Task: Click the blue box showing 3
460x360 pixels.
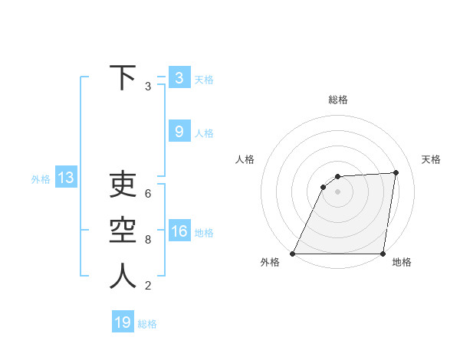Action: click(x=179, y=78)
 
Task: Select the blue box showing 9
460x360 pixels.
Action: click(x=179, y=132)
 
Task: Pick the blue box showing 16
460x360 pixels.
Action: click(x=179, y=232)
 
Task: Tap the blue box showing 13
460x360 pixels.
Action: click(x=65, y=178)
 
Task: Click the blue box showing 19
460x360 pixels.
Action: click(x=123, y=322)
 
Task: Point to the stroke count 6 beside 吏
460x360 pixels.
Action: click(x=148, y=194)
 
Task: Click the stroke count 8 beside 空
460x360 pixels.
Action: click(x=148, y=240)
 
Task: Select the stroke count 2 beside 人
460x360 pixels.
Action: click(x=148, y=286)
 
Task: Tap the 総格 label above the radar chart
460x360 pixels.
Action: click(x=337, y=100)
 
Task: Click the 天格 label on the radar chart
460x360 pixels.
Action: click(x=431, y=159)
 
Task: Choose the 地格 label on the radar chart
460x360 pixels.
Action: click(x=402, y=262)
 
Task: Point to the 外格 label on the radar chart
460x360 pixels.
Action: click(x=270, y=262)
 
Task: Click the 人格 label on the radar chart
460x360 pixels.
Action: click(x=245, y=159)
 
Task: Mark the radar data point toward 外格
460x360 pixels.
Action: click(x=293, y=254)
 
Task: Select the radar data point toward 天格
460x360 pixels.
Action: click(x=396, y=172)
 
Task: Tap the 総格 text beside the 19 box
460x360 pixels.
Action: click(x=147, y=324)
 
